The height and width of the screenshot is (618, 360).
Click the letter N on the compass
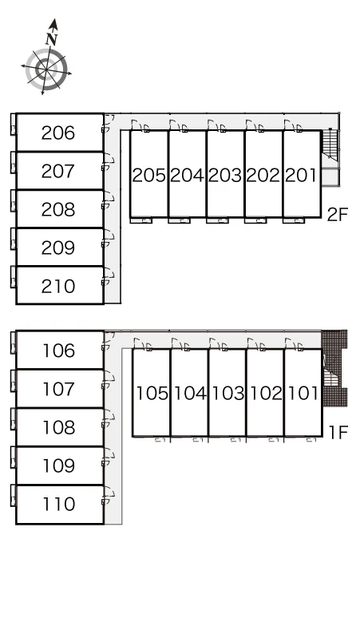52,38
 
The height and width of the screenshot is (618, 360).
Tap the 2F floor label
338,215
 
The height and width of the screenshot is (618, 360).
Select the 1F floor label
338,433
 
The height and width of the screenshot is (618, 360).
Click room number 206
58,133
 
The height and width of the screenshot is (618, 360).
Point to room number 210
58,286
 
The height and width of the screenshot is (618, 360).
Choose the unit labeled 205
149,175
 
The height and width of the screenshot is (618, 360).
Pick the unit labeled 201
301,175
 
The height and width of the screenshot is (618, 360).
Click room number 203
225,175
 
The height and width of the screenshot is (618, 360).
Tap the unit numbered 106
59,351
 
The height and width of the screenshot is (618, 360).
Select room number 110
59,504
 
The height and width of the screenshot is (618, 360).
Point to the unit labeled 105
152,393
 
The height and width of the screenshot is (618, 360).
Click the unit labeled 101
303,393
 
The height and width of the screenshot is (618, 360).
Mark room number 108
59,427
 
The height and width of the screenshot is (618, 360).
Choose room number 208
58,209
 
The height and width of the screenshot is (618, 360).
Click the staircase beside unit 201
330,145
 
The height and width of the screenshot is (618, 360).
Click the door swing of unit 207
109,163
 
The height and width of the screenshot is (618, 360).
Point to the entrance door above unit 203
216,125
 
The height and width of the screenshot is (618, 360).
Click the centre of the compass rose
46,69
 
